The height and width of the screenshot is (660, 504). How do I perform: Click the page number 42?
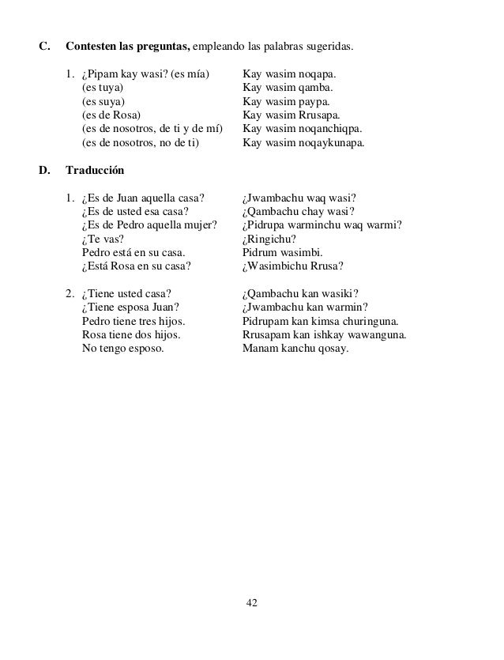[252, 603]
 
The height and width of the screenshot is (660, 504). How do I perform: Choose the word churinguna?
[367, 321]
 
